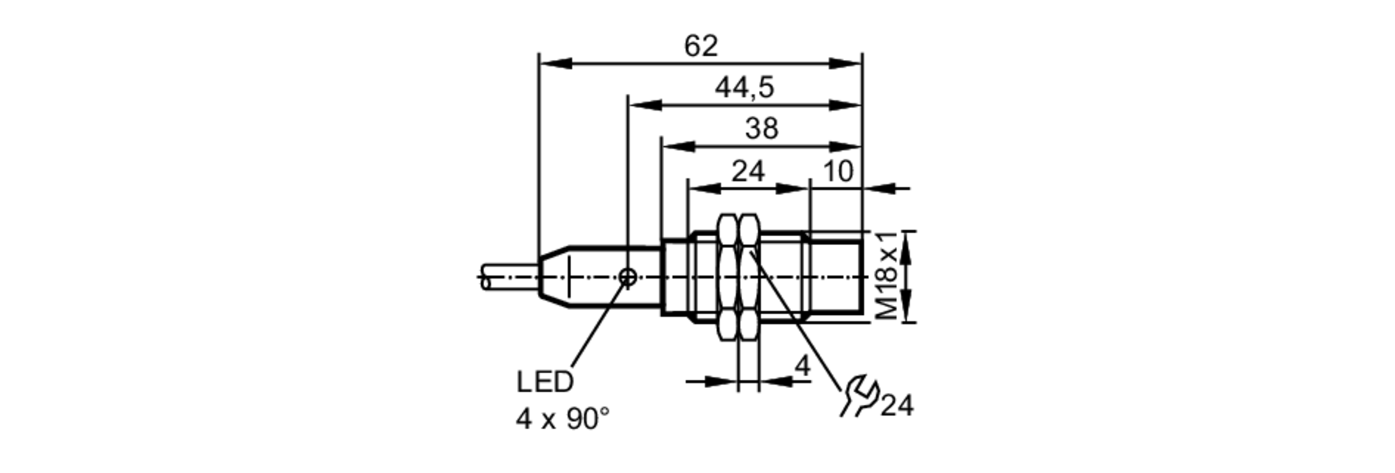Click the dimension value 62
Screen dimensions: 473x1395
point(701,47)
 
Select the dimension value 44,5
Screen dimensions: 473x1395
point(744,88)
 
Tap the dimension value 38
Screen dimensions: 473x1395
point(762,129)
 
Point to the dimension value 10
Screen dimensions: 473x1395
point(838,171)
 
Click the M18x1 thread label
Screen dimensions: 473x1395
point(888,277)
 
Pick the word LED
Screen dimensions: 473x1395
point(545,382)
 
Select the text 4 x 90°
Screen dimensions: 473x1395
point(562,419)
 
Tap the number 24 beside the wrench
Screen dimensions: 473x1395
point(897,405)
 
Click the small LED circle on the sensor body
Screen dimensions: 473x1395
point(628,277)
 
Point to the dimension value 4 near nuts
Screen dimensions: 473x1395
point(803,366)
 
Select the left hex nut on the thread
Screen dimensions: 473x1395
point(727,277)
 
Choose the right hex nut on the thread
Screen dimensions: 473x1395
point(748,277)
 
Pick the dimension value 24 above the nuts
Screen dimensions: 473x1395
point(748,171)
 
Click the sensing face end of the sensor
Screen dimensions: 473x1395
point(861,277)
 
